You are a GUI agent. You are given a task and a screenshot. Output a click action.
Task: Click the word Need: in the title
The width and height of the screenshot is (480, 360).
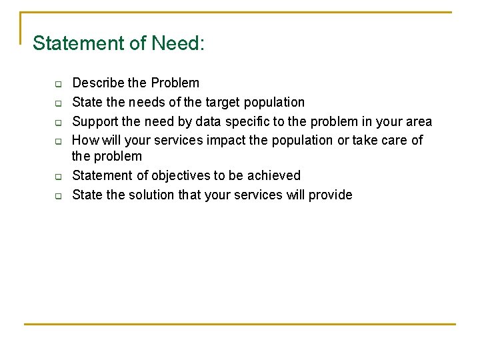178,43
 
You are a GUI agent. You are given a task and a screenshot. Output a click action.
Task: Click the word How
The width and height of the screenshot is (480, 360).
83,141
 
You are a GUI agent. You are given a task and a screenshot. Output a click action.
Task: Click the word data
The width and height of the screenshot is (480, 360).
206,122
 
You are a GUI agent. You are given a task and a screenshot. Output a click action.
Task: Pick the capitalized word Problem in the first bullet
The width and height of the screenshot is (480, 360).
175,83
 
